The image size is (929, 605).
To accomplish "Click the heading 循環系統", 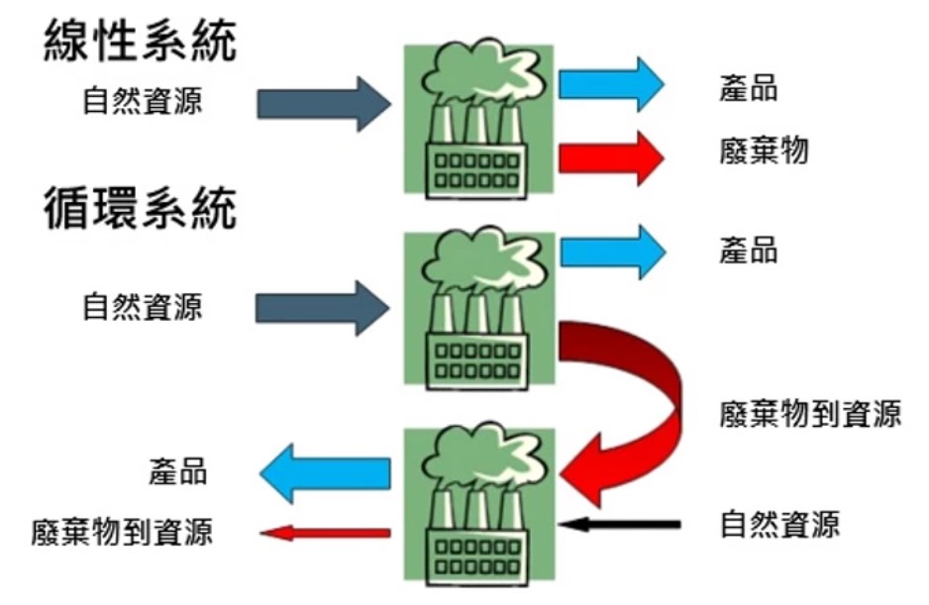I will click(141, 209).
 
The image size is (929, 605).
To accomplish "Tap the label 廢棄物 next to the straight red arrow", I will click(763, 151).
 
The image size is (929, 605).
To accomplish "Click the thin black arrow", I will click(619, 522).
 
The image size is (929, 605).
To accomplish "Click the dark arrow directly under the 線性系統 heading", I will click(323, 103).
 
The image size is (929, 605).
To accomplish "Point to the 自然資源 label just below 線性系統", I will click(143, 101).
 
